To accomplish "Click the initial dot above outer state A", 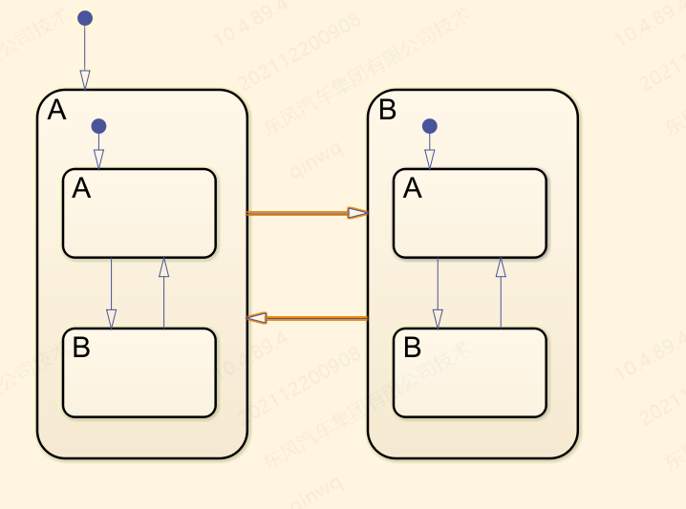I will pyautogui.click(x=85, y=18).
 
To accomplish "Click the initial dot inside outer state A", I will pyautogui.click(x=98, y=126).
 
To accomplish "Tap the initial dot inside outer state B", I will pyautogui.click(x=430, y=126).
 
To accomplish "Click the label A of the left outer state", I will pyautogui.click(x=57, y=111).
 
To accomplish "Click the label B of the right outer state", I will pyautogui.click(x=387, y=111).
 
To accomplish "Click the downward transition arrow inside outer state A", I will pyautogui.click(x=111, y=291).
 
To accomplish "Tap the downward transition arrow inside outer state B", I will pyautogui.click(x=438, y=291).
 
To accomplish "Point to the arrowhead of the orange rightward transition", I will pyautogui.click(x=358, y=213).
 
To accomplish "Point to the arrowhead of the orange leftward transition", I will pyautogui.click(x=256, y=318).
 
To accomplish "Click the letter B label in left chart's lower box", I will pyautogui.click(x=81, y=348).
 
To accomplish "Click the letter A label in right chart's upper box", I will pyautogui.click(x=413, y=189).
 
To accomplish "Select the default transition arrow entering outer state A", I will pyautogui.click(x=85, y=57).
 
